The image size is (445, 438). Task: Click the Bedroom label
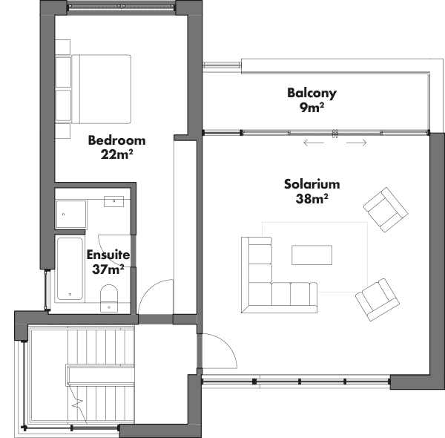click(116, 140)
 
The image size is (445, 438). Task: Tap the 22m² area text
click(117, 154)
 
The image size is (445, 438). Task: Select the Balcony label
click(312, 94)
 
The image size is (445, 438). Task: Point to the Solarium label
click(312, 184)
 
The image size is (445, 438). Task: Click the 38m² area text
click(312, 198)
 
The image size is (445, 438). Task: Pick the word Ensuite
click(108, 255)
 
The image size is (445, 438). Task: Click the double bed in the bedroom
click(102, 89)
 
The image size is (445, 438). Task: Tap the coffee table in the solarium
click(312, 255)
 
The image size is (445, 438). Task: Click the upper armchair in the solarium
click(386, 209)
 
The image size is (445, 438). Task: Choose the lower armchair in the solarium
click(378, 300)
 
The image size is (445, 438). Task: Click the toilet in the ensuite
click(109, 298)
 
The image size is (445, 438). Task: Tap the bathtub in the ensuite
click(70, 269)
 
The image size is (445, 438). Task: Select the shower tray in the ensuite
click(71, 215)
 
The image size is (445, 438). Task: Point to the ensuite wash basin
click(113, 201)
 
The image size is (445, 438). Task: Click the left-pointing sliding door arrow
click(314, 143)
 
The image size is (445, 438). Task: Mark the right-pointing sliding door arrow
click(357, 143)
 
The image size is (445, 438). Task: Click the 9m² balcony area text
click(312, 108)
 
